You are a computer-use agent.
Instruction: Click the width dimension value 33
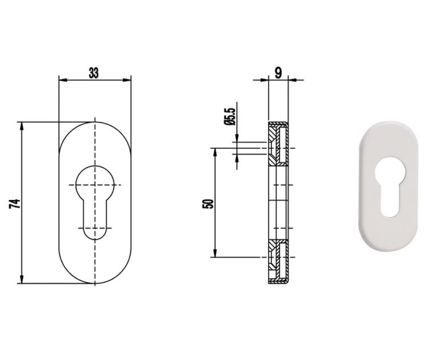[94, 73]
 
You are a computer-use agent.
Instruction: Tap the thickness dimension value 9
[278, 73]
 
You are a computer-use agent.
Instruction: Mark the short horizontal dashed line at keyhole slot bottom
[95, 228]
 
